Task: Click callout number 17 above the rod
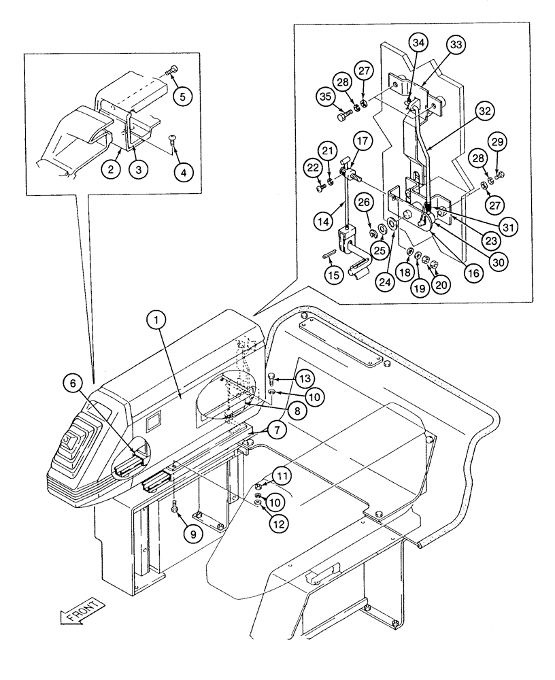coord(361,143)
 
